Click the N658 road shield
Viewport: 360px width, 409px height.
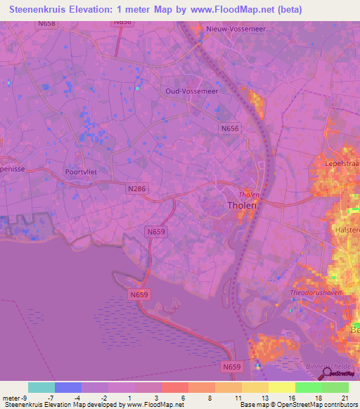[47, 23]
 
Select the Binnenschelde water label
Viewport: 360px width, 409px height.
[332, 367]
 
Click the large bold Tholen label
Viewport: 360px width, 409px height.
[243, 206]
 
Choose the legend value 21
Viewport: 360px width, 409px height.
[345, 397]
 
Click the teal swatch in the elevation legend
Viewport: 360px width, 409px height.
[41, 387]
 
